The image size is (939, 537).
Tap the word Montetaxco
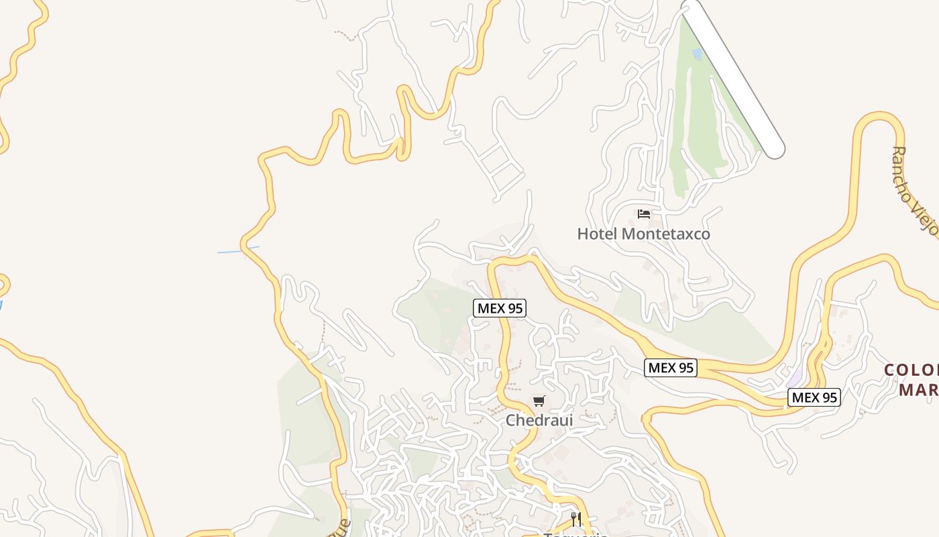[665, 234]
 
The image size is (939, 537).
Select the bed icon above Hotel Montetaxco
[644, 214]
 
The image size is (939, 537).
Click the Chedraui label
[539, 420]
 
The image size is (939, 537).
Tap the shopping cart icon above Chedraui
[539, 401]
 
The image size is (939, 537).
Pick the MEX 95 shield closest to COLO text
[814, 397]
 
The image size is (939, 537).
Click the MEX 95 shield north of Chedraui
[500, 308]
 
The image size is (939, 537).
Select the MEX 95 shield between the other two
[671, 368]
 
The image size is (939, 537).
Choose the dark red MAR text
[918, 389]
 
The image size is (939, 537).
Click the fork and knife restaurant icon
[575, 519]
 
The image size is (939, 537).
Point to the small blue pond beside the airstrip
[697, 53]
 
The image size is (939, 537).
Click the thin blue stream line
[238, 250]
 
